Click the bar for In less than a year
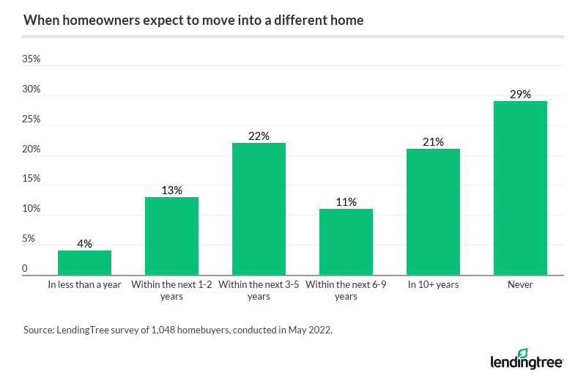pos(84,262)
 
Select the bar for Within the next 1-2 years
pos(171,236)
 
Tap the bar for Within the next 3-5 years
pos(259,209)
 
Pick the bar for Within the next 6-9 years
pos(346,242)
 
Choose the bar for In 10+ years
pos(433,212)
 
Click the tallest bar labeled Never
pos(520,188)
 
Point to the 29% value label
pos(520,95)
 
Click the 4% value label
pos(84,244)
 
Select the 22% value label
pos(259,136)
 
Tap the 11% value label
pos(346,202)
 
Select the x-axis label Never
pos(520,285)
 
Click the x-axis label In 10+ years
pos(433,285)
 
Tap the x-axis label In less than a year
pos(84,285)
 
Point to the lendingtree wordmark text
pos(527,363)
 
